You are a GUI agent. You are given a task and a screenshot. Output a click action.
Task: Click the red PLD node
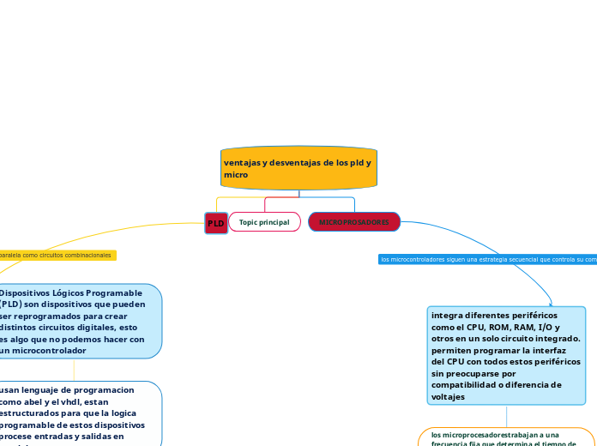pos(216,223)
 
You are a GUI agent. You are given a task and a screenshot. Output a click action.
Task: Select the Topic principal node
pos(264,222)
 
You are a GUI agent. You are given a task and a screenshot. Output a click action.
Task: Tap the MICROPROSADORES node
pos(353,222)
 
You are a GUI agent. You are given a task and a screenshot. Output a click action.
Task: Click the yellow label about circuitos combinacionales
pos(57,256)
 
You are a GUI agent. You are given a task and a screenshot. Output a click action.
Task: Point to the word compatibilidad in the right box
pos(466,385)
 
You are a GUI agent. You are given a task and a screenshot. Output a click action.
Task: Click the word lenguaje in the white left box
pos(42,389)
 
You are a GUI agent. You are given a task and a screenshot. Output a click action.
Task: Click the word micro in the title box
pos(236,174)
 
